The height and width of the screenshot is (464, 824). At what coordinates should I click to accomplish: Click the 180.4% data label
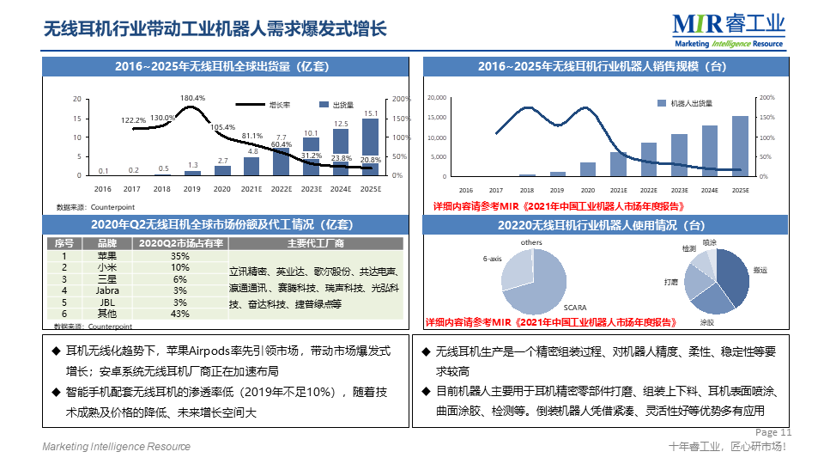(192, 98)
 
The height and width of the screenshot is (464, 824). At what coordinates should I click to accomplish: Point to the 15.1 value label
(371, 113)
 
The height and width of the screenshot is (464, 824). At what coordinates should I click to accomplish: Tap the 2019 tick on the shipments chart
(192, 188)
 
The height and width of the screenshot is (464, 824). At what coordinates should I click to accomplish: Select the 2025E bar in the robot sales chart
(740, 145)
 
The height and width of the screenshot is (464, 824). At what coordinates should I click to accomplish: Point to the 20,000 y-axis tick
(436, 98)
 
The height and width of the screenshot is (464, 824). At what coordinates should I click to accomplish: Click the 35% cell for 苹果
(180, 256)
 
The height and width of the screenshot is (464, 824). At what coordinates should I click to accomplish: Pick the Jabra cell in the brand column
(107, 290)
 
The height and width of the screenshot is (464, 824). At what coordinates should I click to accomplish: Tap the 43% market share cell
(180, 314)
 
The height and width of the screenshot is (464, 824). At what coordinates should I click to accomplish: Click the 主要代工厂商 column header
(315, 243)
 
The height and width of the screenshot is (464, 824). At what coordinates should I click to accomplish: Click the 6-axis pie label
(492, 258)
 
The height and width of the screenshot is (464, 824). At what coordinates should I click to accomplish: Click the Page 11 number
(773, 432)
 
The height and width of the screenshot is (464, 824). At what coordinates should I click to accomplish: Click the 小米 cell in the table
(107, 267)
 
